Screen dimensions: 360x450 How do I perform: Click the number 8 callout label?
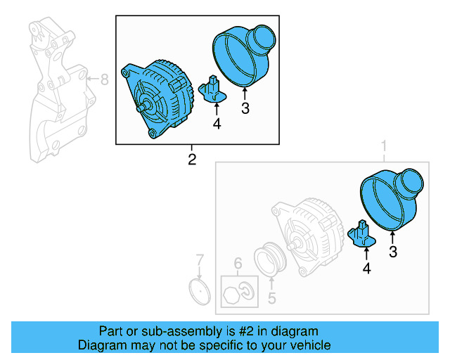tap(104, 79)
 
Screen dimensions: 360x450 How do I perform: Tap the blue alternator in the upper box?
tap(160, 98)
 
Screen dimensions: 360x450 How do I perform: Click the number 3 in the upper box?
tap(245, 108)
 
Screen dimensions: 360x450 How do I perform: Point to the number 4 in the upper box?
tap(217, 124)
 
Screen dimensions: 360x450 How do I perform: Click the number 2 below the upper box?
tap(191, 159)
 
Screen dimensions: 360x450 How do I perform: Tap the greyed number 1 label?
tap(384, 146)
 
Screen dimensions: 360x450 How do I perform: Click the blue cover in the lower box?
tap(390, 199)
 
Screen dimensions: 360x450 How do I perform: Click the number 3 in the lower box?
tap(393, 251)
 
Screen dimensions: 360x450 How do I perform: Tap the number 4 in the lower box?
tap(366, 268)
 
